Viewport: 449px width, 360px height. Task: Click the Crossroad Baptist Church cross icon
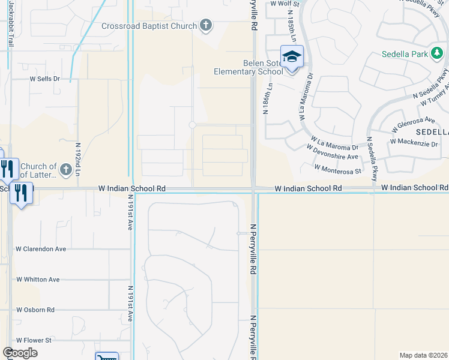206,25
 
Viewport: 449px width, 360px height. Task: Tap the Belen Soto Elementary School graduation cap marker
292,57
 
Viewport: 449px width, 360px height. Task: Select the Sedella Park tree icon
437,54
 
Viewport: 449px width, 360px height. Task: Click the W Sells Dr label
46,79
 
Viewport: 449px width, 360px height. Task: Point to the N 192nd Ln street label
78,158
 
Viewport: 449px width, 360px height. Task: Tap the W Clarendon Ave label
41,248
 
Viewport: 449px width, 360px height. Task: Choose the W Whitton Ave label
38,280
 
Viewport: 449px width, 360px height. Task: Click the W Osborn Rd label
35,310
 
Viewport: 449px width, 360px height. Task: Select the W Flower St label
34,340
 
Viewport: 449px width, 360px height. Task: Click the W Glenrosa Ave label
413,124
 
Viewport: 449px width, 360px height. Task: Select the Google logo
20,353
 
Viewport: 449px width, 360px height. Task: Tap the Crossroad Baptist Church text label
149,26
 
